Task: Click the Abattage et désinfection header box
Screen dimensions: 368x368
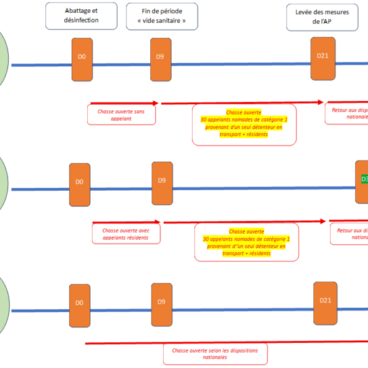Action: [81, 15]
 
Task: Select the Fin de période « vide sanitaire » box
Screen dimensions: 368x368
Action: [163, 15]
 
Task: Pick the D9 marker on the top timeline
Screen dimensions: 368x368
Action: [160, 59]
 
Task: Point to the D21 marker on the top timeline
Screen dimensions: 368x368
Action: [323, 58]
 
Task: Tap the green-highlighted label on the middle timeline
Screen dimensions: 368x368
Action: [364, 180]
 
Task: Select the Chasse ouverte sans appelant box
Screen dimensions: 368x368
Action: [121, 116]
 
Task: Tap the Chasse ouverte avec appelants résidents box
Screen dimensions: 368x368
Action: [126, 234]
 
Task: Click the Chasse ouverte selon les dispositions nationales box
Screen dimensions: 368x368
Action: [215, 354]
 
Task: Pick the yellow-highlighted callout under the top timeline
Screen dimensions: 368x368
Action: [243, 124]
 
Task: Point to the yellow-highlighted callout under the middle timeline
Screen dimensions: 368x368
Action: [246, 243]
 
